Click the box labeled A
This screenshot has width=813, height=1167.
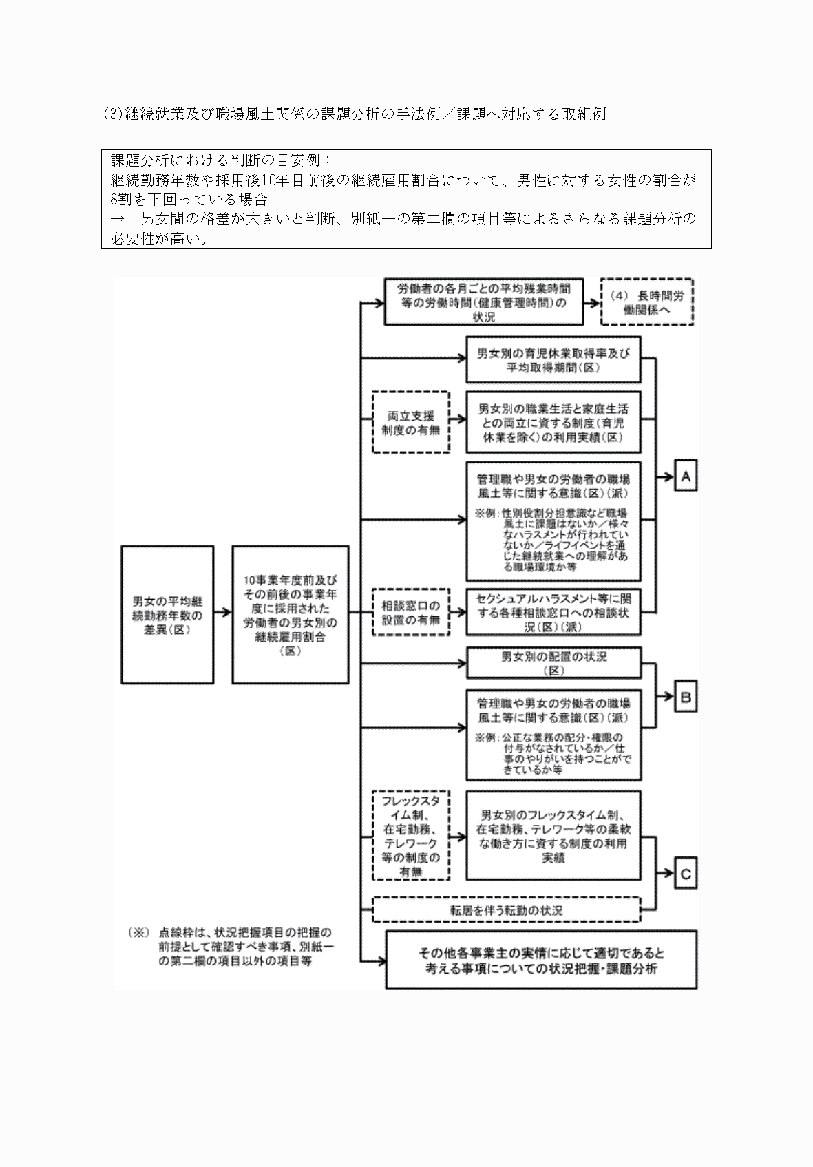[x=686, y=476]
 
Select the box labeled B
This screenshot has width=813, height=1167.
[x=686, y=697]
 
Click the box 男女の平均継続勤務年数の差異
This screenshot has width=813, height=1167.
[x=167, y=614]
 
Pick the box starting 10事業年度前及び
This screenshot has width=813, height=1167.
[x=291, y=614]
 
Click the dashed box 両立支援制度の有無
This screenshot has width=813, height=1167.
[x=411, y=422]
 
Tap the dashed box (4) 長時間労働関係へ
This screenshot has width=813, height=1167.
[x=647, y=302]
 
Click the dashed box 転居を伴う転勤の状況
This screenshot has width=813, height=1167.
[x=506, y=910]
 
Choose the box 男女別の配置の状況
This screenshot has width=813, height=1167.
[x=553, y=662]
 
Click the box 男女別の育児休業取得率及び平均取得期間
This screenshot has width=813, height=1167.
[x=553, y=359]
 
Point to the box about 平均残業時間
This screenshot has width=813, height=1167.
[x=483, y=302]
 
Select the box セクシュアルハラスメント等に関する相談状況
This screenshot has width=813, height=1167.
[x=553, y=612]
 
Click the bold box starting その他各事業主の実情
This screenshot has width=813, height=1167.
[x=541, y=960]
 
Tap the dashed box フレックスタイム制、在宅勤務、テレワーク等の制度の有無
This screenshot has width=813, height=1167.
[x=411, y=834]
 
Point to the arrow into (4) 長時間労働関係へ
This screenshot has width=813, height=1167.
[x=591, y=302]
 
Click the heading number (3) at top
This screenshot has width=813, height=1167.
[x=112, y=114]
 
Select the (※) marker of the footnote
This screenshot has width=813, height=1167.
[x=138, y=934]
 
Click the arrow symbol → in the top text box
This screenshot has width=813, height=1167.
[x=118, y=220]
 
